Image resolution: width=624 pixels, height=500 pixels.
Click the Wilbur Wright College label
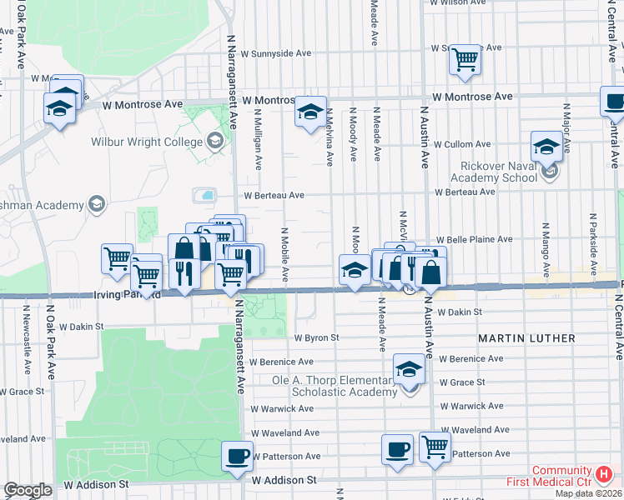[147, 142]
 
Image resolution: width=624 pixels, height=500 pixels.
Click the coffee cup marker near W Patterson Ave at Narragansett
[237, 455]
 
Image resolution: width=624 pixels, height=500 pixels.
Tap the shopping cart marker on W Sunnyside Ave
[465, 59]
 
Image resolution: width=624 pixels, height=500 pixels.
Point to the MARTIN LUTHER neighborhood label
[526, 338]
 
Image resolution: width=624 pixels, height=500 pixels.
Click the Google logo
[28, 490]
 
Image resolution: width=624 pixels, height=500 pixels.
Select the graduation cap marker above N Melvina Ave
[310, 112]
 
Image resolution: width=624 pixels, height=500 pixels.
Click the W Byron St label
[317, 338]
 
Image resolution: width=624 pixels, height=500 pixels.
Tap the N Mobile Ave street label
[284, 253]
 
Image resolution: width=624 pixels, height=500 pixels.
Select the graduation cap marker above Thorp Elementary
[409, 369]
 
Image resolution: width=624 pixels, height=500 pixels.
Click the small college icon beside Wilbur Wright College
[216, 140]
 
